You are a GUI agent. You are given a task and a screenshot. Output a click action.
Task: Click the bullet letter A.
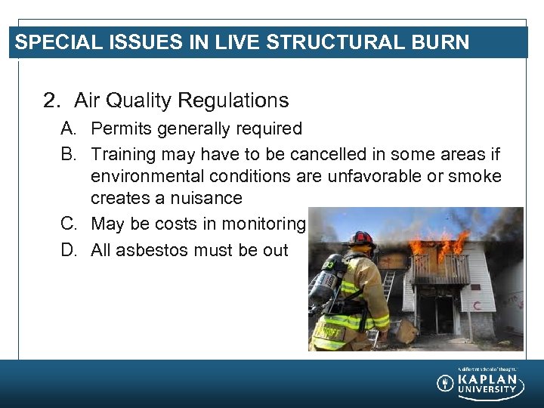tap(69, 129)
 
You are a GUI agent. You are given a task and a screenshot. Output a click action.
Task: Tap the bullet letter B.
tap(69, 155)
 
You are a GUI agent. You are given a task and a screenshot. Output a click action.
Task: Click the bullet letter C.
tap(69, 224)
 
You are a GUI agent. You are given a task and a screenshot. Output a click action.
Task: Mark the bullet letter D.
tap(69, 250)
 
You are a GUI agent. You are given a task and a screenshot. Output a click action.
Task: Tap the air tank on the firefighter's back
tap(323, 279)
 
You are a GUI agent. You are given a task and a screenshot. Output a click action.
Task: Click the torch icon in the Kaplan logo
tap(446, 383)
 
